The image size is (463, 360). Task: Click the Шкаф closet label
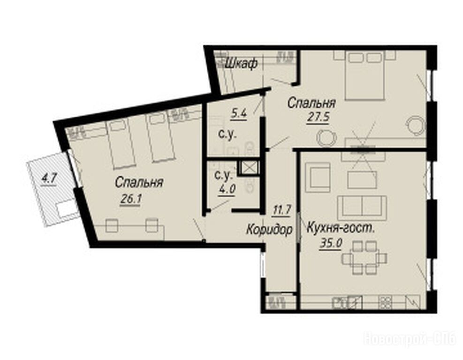pyautogui.click(x=241, y=63)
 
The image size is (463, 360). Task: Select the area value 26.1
pyautogui.click(x=131, y=199)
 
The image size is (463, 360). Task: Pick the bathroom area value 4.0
pyautogui.click(x=227, y=189)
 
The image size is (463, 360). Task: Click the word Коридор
pyautogui.click(x=270, y=229)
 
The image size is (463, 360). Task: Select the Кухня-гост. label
pyautogui.click(x=342, y=228)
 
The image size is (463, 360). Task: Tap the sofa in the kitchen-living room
pyautogui.click(x=362, y=208)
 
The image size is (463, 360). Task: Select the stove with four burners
pyautogui.click(x=385, y=302)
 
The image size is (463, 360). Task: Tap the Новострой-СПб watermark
pyautogui.click(x=410, y=339)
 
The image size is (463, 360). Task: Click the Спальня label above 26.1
pyautogui.click(x=139, y=182)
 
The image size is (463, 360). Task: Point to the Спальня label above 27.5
pyautogui.click(x=311, y=103)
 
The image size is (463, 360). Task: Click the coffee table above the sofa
pyautogui.click(x=362, y=180)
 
